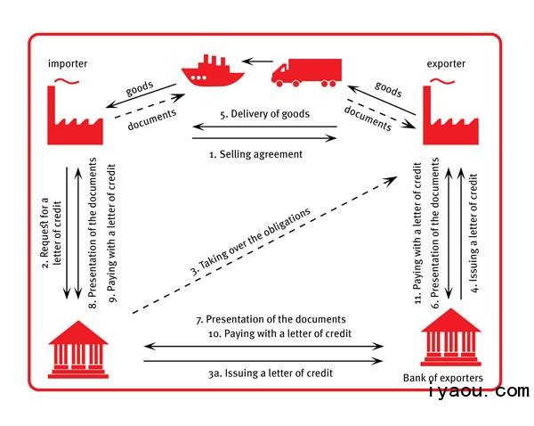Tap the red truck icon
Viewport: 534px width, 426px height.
click(306, 72)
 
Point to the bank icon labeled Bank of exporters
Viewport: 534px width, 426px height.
click(450, 337)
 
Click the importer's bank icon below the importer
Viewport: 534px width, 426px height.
click(78, 349)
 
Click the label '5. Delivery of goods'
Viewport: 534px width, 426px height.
click(264, 113)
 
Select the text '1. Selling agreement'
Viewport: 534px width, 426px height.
click(255, 154)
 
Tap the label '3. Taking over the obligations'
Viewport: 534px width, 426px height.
click(251, 241)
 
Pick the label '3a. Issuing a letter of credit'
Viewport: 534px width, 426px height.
click(271, 373)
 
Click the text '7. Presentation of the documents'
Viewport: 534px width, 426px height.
click(271, 319)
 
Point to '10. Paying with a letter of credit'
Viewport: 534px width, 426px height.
click(279, 333)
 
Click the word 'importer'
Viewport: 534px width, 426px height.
click(68, 64)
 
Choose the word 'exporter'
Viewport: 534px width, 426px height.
click(446, 64)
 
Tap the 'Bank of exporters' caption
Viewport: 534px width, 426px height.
click(443, 378)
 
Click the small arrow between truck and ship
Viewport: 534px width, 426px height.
click(258, 61)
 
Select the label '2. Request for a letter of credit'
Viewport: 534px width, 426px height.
click(52, 233)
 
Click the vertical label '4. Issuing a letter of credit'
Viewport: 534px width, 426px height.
click(473, 233)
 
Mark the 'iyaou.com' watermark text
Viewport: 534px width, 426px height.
click(478, 390)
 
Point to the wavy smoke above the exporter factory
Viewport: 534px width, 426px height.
click(442, 81)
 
